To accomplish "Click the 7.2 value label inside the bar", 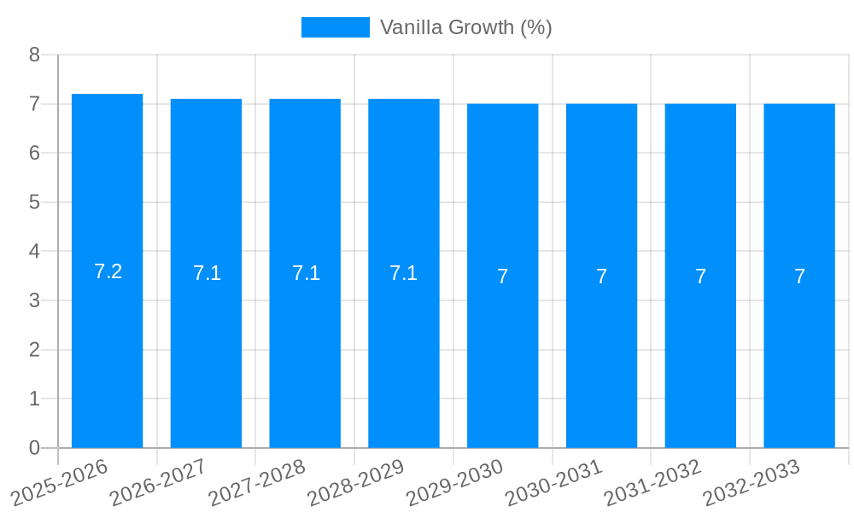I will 108,271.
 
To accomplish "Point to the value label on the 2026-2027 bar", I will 207,273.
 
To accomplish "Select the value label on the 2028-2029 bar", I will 404,273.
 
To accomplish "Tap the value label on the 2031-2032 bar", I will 700,276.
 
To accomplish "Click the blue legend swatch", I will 336,27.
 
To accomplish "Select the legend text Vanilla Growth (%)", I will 466,27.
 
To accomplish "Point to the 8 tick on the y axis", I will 34,55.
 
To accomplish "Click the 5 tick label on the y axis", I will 34,202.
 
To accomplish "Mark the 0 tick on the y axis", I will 34,448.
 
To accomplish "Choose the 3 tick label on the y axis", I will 34,300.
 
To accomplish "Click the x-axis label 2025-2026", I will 60,483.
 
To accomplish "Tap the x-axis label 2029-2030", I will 455,483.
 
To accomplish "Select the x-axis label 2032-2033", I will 752,483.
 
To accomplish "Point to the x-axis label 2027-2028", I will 257,483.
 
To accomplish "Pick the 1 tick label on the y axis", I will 34,399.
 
